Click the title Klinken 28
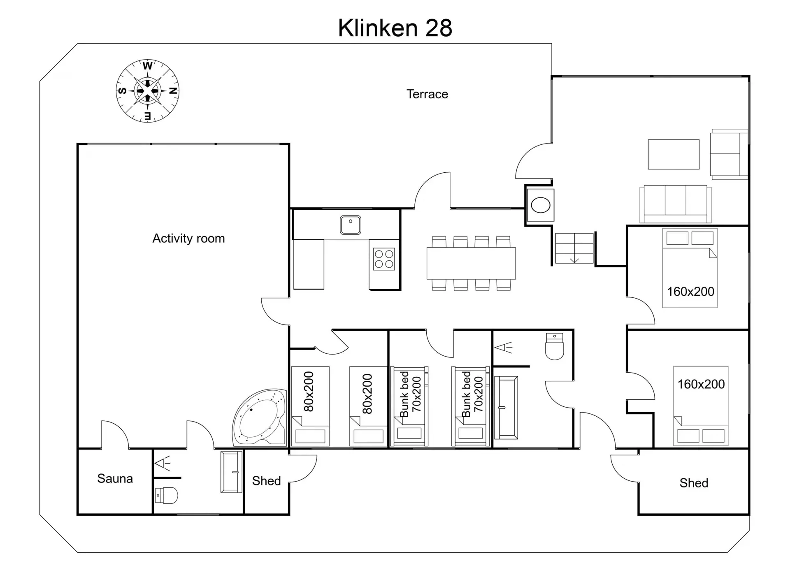tap(395, 28)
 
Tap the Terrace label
tap(427, 94)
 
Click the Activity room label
tap(188, 239)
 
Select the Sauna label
tap(115, 479)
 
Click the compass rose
tap(147, 91)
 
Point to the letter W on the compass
tap(148, 66)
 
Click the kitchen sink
tap(351, 225)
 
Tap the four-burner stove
tap(384, 259)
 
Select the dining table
tap(471, 263)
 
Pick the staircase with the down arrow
tap(574, 248)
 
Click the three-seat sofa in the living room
tap(676, 204)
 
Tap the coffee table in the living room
tap(674, 154)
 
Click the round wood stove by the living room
tap(540, 205)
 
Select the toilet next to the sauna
tap(166, 496)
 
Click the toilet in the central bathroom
tap(554, 346)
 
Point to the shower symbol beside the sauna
tap(162, 464)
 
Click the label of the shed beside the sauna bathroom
tap(266, 481)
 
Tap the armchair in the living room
tap(729, 154)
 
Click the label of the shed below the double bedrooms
tap(694, 483)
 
